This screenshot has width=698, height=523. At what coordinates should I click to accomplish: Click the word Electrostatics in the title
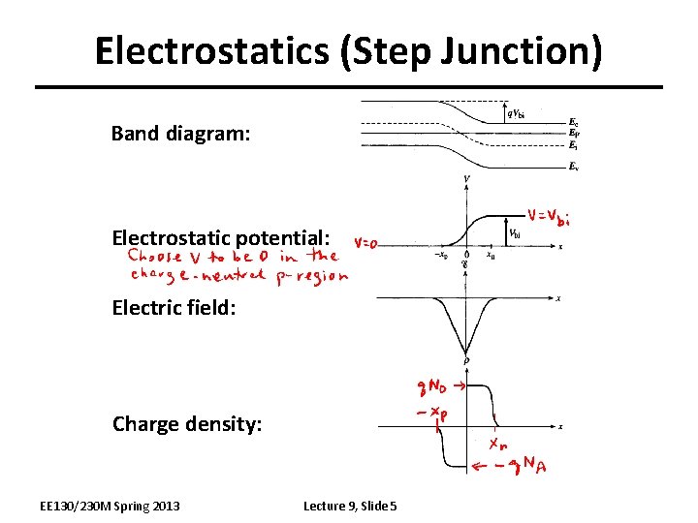click(x=213, y=50)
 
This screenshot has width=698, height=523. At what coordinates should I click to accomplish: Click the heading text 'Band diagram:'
click(x=180, y=133)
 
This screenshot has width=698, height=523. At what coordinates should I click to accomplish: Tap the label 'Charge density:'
click(x=187, y=424)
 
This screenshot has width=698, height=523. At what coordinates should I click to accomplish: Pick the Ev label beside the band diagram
click(x=574, y=167)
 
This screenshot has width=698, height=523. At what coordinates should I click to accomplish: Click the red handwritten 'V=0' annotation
click(x=365, y=243)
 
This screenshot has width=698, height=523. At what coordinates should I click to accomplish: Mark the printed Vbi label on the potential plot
click(x=517, y=233)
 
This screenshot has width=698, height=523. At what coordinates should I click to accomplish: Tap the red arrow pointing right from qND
click(x=460, y=385)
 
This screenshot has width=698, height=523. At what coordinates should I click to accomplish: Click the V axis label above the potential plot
click(x=467, y=180)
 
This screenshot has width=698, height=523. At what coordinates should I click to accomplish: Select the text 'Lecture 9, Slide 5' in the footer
click(x=356, y=506)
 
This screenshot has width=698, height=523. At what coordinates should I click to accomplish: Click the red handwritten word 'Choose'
click(x=154, y=258)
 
